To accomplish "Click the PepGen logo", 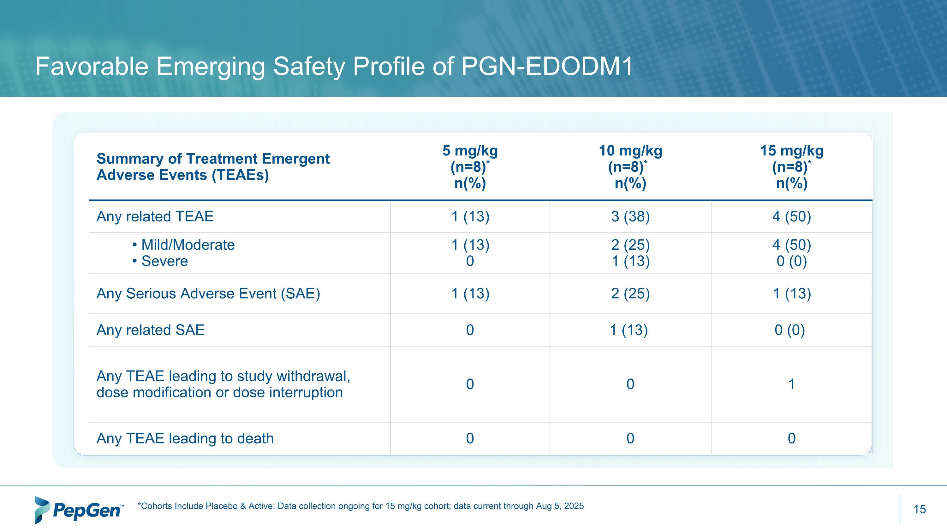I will [x=79, y=510].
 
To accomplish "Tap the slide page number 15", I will [x=920, y=509].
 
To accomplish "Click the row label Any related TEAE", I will [x=155, y=216].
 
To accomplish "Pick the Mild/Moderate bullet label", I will [x=188, y=245].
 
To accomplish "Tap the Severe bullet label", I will [x=164, y=261].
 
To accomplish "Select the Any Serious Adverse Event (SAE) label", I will [x=208, y=293].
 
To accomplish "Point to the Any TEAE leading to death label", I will [x=185, y=438].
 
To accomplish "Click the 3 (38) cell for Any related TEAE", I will [x=630, y=216].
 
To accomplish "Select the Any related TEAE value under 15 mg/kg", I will [x=791, y=216].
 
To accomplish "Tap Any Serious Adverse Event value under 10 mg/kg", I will [x=630, y=293].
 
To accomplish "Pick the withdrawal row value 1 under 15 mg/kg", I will [x=791, y=384].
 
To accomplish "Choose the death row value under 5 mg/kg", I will [x=470, y=438].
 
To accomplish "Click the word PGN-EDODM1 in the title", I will [x=547, y=67].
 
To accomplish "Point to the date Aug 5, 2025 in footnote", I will [x=560, y=506].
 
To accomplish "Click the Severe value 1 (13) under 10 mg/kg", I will [x=630, y=261].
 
